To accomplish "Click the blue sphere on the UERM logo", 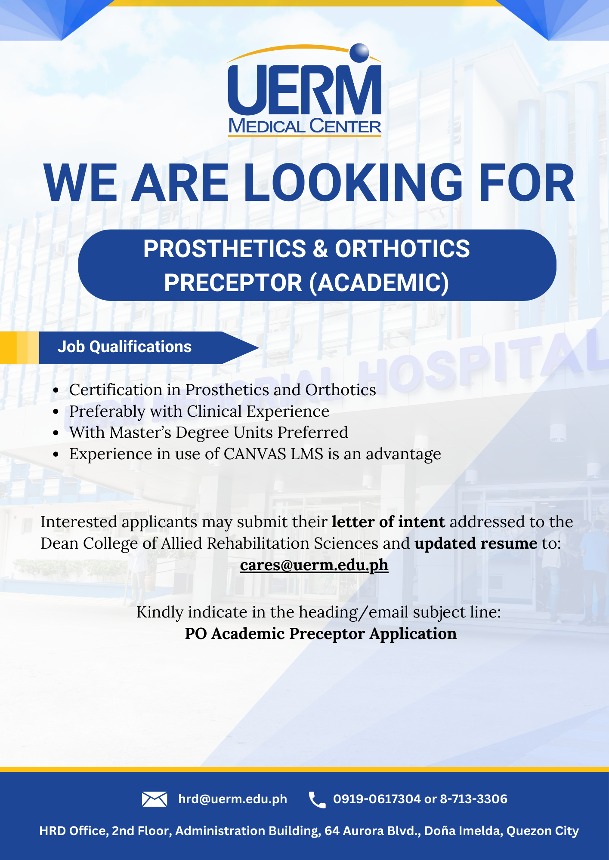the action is point(359,53).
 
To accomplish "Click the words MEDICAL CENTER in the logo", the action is point(305,126).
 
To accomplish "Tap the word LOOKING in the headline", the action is point(353,183).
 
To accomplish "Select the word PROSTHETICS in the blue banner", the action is point(225,249).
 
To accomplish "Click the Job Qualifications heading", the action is point(124,347).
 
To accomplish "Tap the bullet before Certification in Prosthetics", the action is point(56,390).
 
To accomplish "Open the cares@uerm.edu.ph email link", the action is point(314,565).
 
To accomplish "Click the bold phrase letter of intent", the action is point(388,522).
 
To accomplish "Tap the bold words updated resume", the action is point(476,544).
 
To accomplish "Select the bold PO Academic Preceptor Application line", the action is point(321,634).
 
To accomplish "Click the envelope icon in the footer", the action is point(155,799).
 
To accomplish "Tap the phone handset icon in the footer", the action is point(317,800).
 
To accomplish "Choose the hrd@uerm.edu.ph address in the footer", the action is point(233,799).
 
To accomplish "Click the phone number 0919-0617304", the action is point(377,799).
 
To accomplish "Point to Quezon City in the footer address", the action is point(543,831).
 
